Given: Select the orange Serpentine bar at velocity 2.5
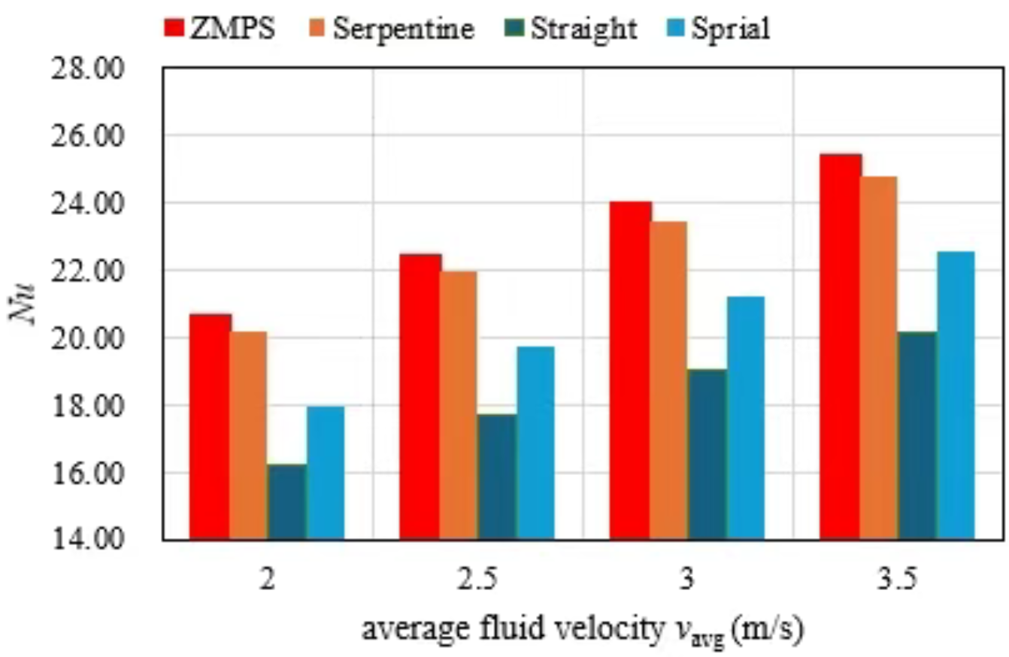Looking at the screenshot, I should (x=458, y=406).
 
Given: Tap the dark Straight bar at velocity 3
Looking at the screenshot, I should (x=708, y=455).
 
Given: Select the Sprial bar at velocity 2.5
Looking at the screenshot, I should (x=535, y=444).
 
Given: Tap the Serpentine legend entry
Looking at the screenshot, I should (x=391, y=28).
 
